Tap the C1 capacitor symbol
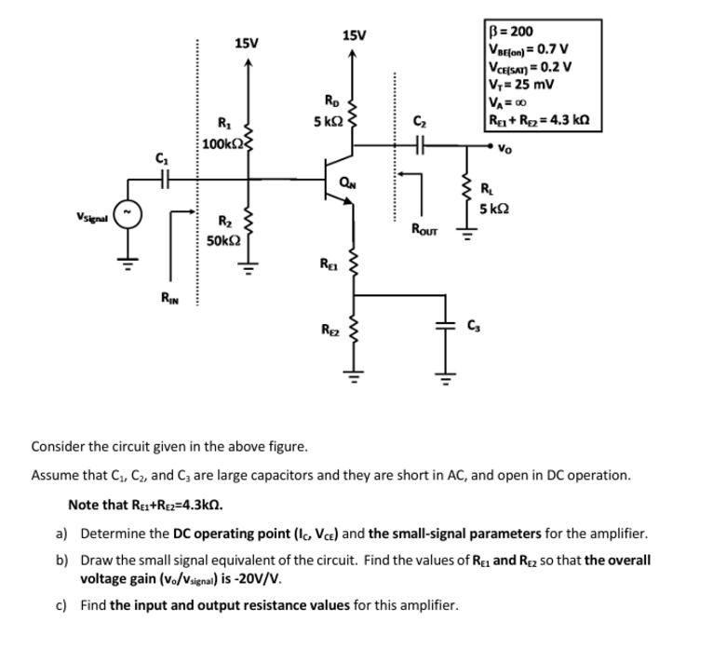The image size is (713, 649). coord(165,178)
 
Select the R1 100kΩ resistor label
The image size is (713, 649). coord(221,134)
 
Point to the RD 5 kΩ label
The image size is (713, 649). coord(330,111)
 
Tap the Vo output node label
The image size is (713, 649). coord(504,149)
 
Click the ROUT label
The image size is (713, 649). coord(424,228)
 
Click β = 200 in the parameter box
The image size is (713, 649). coord(511,32)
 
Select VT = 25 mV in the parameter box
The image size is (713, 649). coord(521,85)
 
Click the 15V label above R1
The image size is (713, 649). coord(247,43)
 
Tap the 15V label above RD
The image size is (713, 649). coord(354,35)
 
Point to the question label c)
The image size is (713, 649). coord(61,605)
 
